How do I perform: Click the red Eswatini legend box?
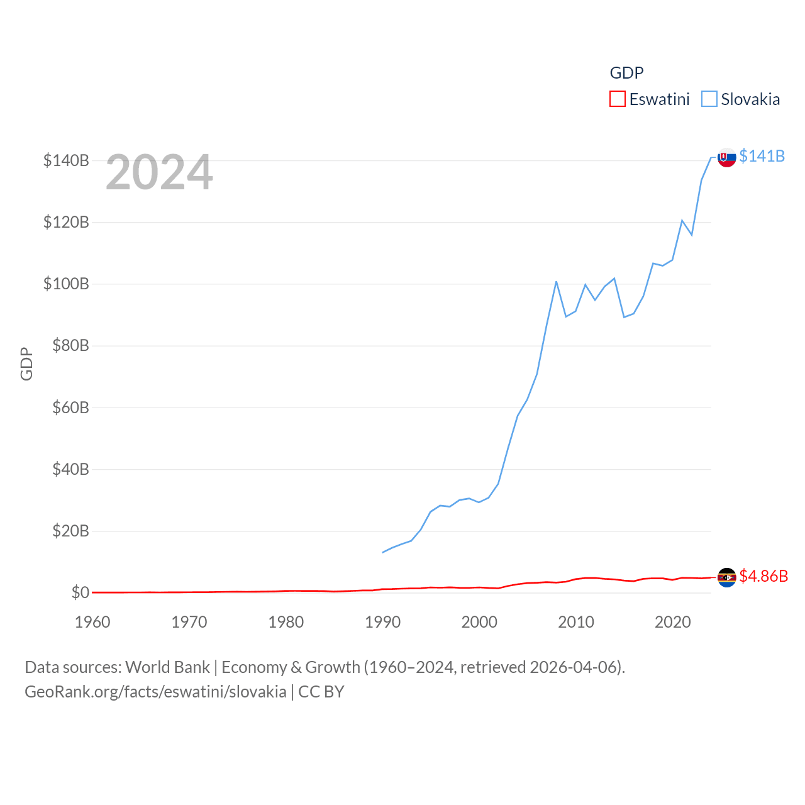(x=618, y=99)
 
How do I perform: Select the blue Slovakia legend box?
(x=709, y=99)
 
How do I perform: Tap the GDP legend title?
(x=626, y=73)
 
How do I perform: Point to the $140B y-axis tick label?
(x=66, y=160)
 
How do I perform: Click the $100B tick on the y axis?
(x=66, y=284)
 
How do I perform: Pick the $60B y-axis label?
(x=70, y=408)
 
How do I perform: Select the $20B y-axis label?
(x=70, y=531)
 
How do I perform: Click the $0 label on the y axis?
(x=80, y=592)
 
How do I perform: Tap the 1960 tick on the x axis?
(x=92, y=622)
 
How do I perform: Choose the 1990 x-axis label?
(x=382, y=622)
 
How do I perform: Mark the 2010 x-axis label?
(x=576, y=622)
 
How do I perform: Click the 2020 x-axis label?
(x=673, y=622)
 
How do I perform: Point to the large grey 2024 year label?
(x=159, y=172)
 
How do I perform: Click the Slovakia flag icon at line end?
(x=726, y=157)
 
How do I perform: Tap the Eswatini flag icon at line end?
(x=726, y=577)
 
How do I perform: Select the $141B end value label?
(x=762, y=156)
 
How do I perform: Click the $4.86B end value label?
(x=763, y=576)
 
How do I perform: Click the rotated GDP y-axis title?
(x=26, y=364)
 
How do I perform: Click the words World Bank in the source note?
(x=167, y=667)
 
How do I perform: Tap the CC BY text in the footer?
(x=321, y=692)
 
